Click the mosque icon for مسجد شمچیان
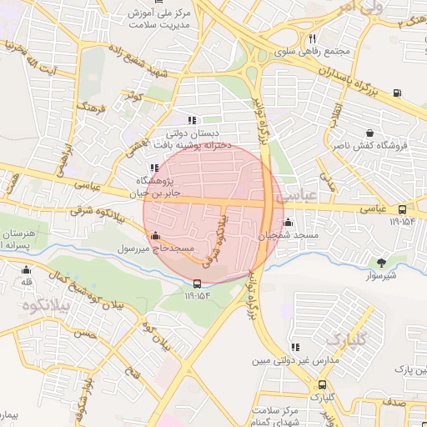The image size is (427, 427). [x=289, y=223]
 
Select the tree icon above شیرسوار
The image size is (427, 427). [x=382, y=263]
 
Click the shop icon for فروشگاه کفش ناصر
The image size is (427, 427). [x=369, y=133]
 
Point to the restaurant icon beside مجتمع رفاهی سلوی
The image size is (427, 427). [x=312, y=38]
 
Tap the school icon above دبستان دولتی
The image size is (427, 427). [x=192, y=119]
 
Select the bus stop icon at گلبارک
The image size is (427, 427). [x=322, y=384]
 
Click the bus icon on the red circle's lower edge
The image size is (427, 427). [x=197, y=283]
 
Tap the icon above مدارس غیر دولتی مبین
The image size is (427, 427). [x=294, y=347]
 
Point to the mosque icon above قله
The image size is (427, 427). [x=27, y=269]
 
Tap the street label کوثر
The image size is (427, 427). [x=134, y=99]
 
